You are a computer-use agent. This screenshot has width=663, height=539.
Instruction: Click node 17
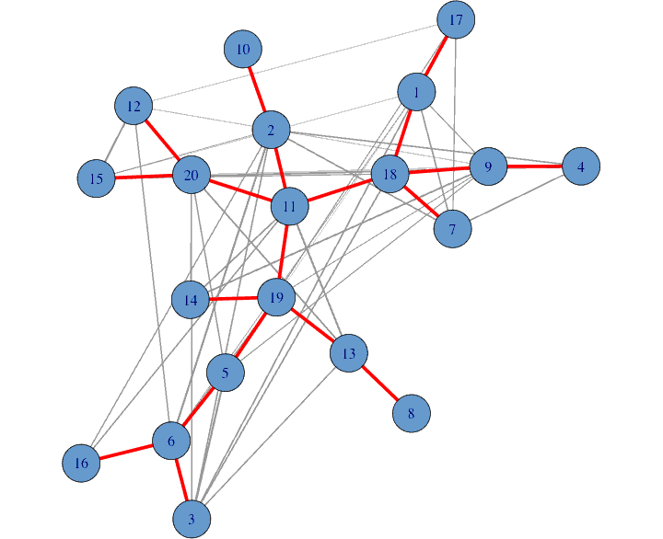(x=455, y=19)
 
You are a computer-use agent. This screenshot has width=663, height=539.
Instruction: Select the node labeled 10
(x=243, y=49)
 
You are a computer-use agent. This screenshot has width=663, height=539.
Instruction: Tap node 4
(x=581, y=166)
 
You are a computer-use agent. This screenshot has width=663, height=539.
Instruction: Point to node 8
(x=412, y=414)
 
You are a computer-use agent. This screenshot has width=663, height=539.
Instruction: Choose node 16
(x=81, y=463)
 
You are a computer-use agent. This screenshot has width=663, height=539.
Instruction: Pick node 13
(x=348, y=353)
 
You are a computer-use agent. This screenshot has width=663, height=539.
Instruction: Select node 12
(x=134, y=107)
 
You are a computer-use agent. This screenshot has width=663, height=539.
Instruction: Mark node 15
(x=97, y=178)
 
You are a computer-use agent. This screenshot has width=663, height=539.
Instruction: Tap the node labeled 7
(x=452, y=228)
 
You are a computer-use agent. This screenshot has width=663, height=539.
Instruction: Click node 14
(x=191, y=300)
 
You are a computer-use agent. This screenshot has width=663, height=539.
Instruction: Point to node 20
(x=192, y=176)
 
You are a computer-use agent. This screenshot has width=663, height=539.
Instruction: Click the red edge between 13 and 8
(x=380, y=384)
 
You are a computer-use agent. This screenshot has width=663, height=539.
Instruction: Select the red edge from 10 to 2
(x=257, y=89)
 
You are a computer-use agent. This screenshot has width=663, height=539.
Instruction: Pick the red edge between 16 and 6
(x=126, y=453)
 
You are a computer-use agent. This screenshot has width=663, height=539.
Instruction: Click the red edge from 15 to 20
(x=144, y=177)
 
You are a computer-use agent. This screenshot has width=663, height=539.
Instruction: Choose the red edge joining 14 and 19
(x=233, y=298)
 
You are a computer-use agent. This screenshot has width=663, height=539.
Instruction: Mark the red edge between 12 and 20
(x=163, y=141)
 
